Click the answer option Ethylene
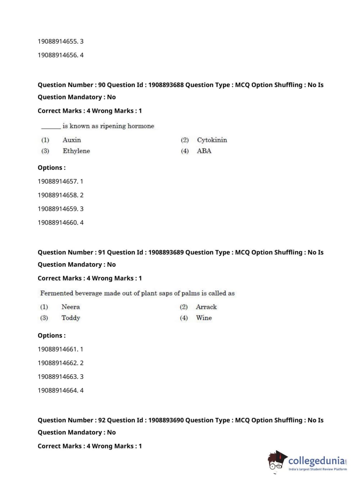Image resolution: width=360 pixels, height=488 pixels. pyautogui.click(x=76, y=151)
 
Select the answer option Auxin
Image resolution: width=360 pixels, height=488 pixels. pyautogui.click(x=72, y=140)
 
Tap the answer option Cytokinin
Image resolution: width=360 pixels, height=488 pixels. pyautogui.click(x=212, y=140)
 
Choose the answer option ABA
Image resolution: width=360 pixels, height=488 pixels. pyautogui.click(x=204, y=151)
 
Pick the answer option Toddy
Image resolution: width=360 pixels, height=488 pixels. pyautogui.click(x=70, y=318)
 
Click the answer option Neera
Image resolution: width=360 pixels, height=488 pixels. pyautogui.click(x=70, y=307)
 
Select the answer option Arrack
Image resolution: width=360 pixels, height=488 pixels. pyautogui.click(x=206, y=307)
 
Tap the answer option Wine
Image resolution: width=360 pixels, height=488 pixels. pyautogui.click(x=204, y=318)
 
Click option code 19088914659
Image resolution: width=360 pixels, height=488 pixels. pyautogui.click(x=58, y=209)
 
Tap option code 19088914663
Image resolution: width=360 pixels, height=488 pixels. pyautogui.click(x=58, y=376)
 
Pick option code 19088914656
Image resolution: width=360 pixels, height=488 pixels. pyautogui.click(x=58, y=55)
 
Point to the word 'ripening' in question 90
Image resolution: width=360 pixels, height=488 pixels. pyautogui.click(x=113, y=126)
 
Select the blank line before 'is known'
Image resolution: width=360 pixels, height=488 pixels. pyautogui.click(x=51, y=127)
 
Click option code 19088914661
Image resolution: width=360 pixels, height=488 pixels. pyautogui.click(x=58, y=349)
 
